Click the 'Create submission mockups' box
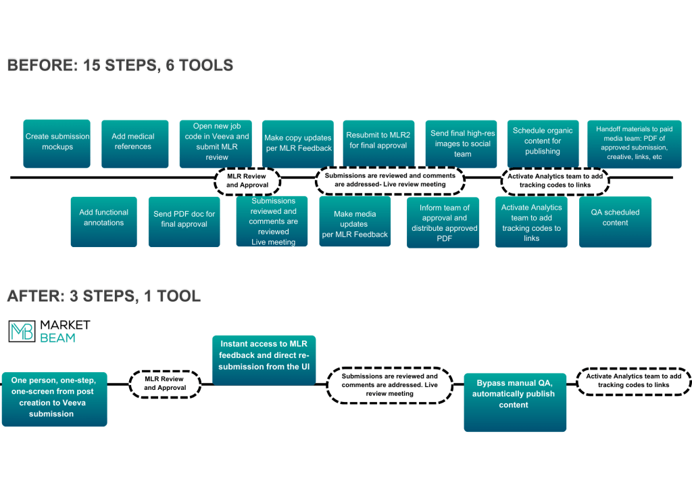coord(57,143)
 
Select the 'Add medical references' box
coord(134,143)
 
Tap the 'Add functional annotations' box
coord(103,221)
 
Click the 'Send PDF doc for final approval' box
coord(184,221)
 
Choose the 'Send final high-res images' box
coord(462,143)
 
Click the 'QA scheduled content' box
coord(615,221)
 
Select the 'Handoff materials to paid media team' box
coord(634,143)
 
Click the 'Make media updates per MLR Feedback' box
coord(355,221)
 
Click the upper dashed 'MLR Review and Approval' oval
coord(247,180)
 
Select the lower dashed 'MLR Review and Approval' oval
coord(166,384)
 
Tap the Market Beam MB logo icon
coord(20,331)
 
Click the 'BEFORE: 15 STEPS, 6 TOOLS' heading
coord(120,66)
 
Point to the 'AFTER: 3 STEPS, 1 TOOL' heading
coord(103,296)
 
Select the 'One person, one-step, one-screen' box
coord(54,399)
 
